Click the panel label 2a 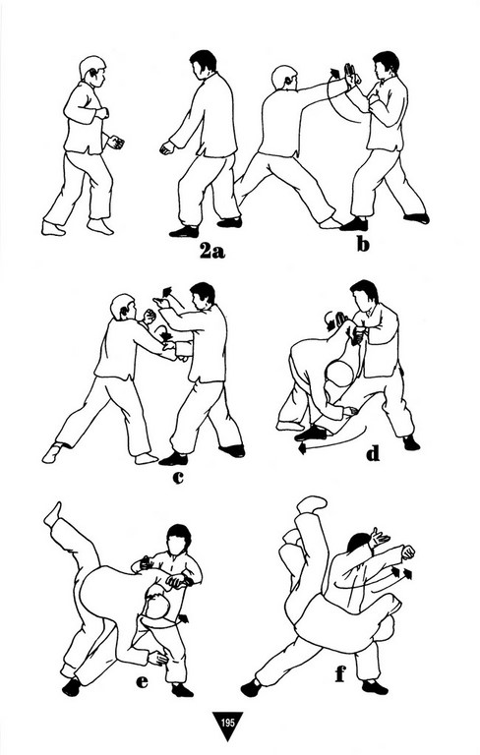pyautogui.click(x=212, y=251)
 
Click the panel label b pyautogui.click(x=363, y=244)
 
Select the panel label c pyautogui.click(x=178, y=477)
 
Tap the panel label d pyautogui.click(x=373, y=453)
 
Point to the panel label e pyautogui.click(x=142, y=681)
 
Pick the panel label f pyautogui.click(x=340, y=674)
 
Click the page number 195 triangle pyautogui.click(x=228, y=726)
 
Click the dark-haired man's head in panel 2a pyautogui.click(x=203, y=64)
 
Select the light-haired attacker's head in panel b pyautogui.click(x=283, y=77)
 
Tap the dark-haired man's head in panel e pyautogui.click(x=178, y=540)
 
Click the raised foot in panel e pyautogui.click(x=52, y=514)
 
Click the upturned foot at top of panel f pyautogui.click(x=312, y=504)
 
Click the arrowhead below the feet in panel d pyautogui.click(x=303, y=448)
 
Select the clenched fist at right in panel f pyautogui.click(x=408, y=552)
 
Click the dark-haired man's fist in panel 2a pyautogui.click(x=167, y=147)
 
